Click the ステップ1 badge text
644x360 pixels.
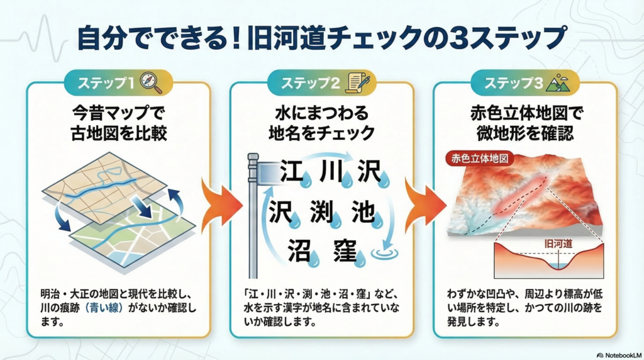[106, 83]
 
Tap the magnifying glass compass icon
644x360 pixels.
[151, 82]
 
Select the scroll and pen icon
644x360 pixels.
[359, 82]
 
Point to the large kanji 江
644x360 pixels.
[291, 171]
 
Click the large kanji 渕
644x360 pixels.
[322, 211]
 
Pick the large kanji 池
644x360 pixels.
[364, 211]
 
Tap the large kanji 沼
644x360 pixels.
[299, 250]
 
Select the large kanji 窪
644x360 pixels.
[345, 250]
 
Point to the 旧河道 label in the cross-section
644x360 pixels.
[558, 244]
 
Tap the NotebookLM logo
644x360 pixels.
[619, 355]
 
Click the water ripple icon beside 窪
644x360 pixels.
[384, 252]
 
